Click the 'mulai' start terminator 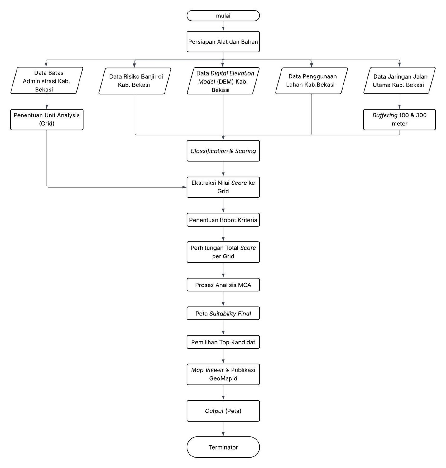(223, 16)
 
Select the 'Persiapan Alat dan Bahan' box (223, 41)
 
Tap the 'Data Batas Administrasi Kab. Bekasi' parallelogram (47, 81)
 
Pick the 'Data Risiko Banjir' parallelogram (135, 81)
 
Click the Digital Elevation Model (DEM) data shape (223, 81)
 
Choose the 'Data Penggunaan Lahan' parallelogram (311, 81)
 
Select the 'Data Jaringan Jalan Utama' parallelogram (400, 81)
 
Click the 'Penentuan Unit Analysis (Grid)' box (47, 119)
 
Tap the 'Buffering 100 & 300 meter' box (400, 119)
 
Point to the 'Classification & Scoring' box (223, 151)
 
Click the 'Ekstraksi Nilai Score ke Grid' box (223, 187)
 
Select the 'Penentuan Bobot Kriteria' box (223, 220)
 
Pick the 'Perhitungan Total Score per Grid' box (223, 252)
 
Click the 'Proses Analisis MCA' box (223, 285)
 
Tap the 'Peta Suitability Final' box (223, 314)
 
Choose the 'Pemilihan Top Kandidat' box (223, 342)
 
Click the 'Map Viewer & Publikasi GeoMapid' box (223, 374)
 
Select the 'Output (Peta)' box (223, 411)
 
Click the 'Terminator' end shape (223, 447)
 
